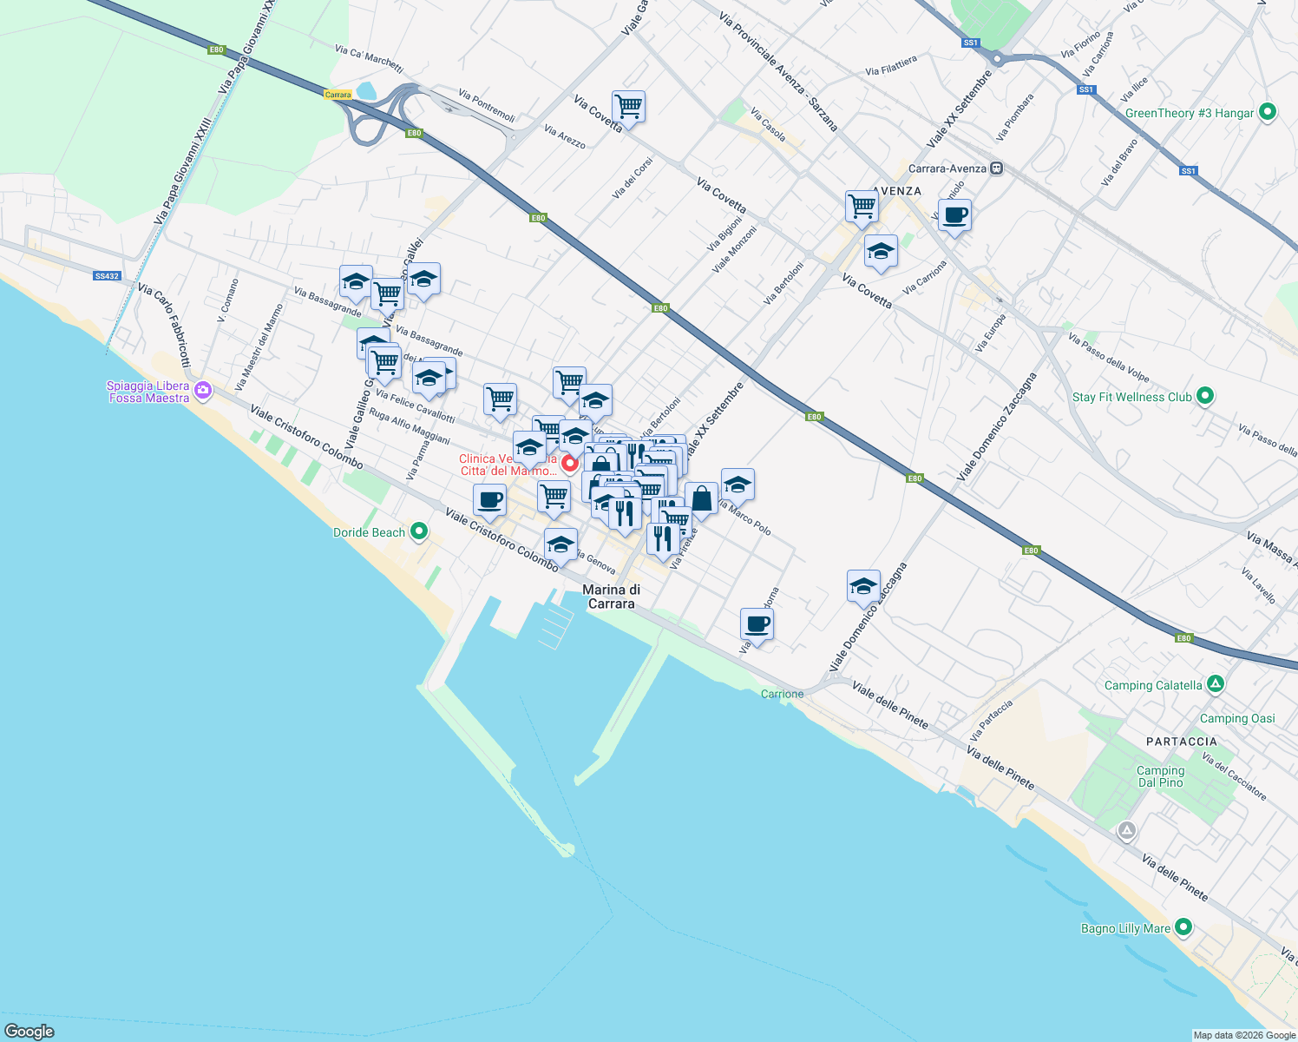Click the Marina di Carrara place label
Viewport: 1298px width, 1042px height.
tap(611, 597)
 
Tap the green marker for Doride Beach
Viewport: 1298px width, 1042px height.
tap(418, 531)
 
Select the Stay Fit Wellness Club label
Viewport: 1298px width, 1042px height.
tap(1131, 397)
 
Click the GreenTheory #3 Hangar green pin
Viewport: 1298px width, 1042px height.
tap(1268, 112)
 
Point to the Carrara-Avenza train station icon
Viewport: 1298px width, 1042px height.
tap(997, 168)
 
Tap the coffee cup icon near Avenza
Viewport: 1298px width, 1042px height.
tap(954, 215)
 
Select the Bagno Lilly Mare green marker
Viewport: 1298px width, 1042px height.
tap(1183, 927)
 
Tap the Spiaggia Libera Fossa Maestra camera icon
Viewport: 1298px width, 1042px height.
tap(203, 390)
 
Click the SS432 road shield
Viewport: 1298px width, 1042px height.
tap(107, 276)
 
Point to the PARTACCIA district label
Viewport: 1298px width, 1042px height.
tap(1181, 742)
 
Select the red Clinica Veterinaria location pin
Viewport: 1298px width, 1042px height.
tap(569, 463)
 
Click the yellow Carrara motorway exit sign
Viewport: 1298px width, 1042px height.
tap(338, 95)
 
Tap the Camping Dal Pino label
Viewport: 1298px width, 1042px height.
tap(1160, 776)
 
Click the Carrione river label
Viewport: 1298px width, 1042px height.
tap(782, 694)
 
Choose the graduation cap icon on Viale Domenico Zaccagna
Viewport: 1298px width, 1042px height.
tap(863, 587)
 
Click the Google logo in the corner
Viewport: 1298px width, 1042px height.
tap(29, 1031)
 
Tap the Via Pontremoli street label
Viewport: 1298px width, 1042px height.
tap(487, 106)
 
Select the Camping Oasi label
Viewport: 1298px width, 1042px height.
tap(1237, 718)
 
